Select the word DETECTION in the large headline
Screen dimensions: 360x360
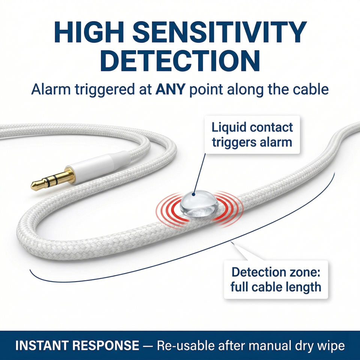pos(180,61)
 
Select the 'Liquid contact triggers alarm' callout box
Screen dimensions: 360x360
pos(252,135)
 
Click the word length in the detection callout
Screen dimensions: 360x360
pos(303,287)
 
